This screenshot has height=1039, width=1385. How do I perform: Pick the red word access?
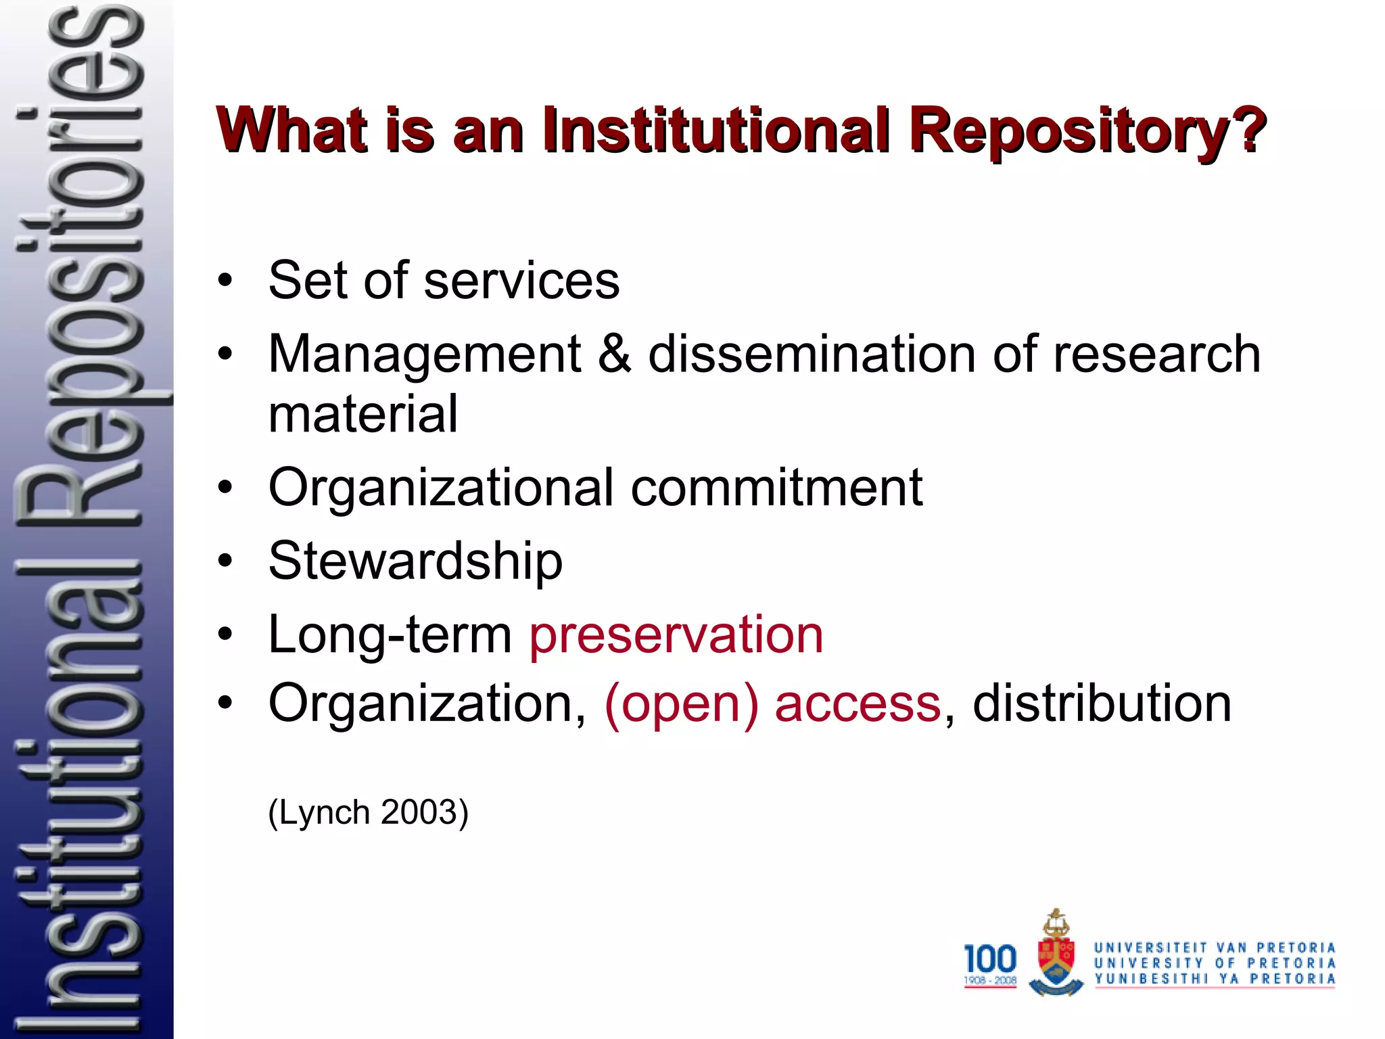point(858,703)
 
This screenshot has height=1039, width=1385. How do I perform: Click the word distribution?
point(1102,703)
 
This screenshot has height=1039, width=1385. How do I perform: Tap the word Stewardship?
point(415,561)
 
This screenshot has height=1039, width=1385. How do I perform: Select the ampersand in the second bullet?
point(614,354)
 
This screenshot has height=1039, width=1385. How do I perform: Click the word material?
point(363,414)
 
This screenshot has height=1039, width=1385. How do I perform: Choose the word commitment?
point(776,487)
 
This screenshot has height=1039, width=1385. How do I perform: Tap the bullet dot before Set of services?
point(225,280)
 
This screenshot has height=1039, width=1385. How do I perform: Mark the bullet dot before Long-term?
point(225,634)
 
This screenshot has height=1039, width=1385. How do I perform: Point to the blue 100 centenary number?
point(990,958)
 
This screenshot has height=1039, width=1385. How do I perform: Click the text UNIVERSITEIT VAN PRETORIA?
point(1215,948)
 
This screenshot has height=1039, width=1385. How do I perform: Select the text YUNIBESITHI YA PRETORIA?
point(1215,979)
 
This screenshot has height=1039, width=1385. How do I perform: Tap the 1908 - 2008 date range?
point(990,980)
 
